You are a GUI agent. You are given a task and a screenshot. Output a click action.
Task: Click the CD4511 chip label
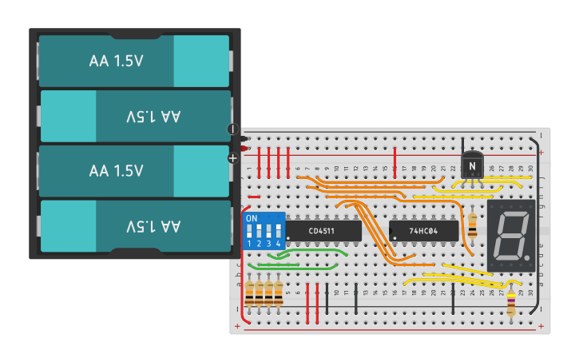click(322, 231)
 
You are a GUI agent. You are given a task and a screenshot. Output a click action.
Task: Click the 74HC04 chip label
click(422, 231)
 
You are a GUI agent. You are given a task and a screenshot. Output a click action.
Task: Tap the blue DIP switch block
click(263, 230)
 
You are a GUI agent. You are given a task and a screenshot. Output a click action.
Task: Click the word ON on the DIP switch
click(252, 218)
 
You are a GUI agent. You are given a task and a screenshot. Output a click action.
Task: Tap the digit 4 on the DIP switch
click(278, 243)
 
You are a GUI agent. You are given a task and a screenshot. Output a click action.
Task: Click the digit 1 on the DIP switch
click(249, 243)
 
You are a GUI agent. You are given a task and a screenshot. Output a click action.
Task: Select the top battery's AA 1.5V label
click(116, 61)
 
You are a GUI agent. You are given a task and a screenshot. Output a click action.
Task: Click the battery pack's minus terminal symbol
click(233, 129)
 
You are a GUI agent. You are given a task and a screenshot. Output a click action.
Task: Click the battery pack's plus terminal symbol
click(233, 158)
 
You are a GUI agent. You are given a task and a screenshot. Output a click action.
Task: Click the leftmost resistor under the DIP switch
click(250, 292)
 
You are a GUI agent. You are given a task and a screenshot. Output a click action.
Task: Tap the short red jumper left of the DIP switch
click(253, 197)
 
